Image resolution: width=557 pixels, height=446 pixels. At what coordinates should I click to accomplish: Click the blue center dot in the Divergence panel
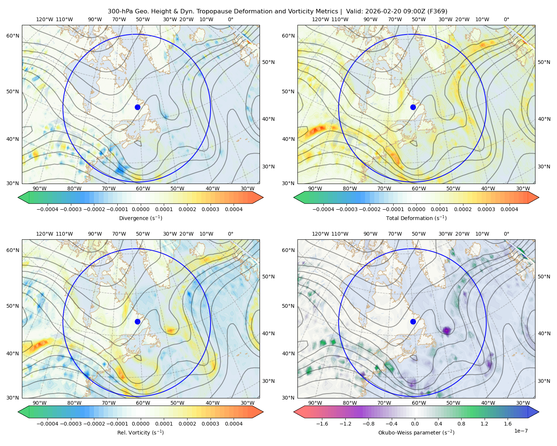pyautogui.click(x=137, y=107)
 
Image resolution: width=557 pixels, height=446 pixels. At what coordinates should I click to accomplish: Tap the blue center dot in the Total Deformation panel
pyautogui.click(x=413, y=107)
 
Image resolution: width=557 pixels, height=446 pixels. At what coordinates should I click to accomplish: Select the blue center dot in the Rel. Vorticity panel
pyautogui.click(x=137, y=321)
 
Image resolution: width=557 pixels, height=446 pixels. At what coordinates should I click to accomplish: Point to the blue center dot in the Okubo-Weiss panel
pyautogui.click(x=413, y=321)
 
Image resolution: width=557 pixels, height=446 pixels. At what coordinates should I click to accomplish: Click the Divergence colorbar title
pyautogui.click(x=140, y=218)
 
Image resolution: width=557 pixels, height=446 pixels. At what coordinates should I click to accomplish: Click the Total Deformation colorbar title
pyautogui.click(x=416, y=218)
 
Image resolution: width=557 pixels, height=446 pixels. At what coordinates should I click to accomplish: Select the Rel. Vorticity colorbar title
pyautogui.click(x=140, y=433)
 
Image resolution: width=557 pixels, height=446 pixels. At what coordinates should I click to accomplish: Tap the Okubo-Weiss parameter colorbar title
pyautogui.click(x=416, y=433)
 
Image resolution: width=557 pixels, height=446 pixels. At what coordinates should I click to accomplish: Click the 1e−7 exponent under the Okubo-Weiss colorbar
pyautogui.click(x=521, y=431)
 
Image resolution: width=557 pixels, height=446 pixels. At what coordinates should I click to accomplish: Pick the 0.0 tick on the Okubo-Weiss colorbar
pyautogui.click(x=415, y=424)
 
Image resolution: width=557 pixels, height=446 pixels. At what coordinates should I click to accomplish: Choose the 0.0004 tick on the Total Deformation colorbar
pyautogui.click(x=509, y=209)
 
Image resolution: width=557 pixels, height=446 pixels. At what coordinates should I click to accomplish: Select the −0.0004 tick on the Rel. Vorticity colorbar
pyautogui.click(x=46, y=424)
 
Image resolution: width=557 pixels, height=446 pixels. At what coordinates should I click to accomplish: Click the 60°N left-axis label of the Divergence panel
pyautogui.click(x=13, y=36)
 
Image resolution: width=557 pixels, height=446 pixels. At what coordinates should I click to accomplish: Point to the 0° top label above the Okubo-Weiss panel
pyautogui.click(x=506, y=234)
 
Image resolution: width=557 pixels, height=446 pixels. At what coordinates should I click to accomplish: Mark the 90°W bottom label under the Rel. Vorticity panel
pyautogui.click(x=40, y=403)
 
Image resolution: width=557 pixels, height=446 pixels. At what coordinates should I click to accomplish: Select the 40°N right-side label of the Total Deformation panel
pyautogui.click(x=544, y=119)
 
